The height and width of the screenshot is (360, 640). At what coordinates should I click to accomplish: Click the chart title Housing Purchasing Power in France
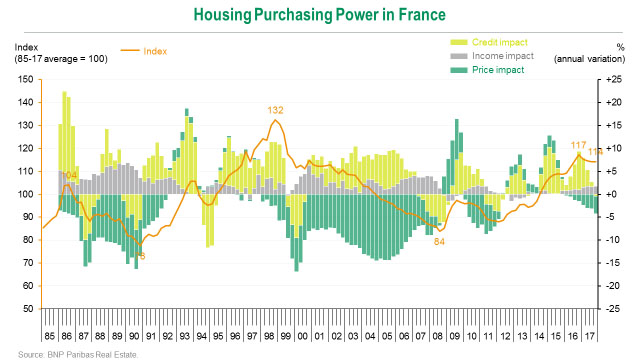(x=319, y=15)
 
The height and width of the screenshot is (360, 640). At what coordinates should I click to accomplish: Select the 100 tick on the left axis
(x=24, y=194)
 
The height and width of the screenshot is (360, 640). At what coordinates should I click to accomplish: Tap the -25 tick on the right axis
(x=614, y=308)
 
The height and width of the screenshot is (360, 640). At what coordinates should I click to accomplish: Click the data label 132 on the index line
(x=276, y=109)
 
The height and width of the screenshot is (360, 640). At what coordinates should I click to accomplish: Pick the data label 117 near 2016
(x=578, y=145)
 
